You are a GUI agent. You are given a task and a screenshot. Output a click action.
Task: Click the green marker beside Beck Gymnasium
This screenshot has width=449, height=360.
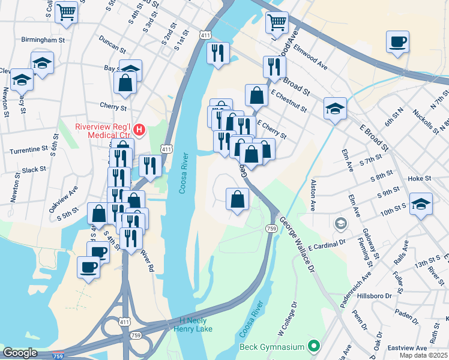coord(312,346)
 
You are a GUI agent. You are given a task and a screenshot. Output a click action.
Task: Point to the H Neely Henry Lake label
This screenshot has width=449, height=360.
coord(193,325)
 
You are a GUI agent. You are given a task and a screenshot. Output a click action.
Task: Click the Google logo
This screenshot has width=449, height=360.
coord(20,353)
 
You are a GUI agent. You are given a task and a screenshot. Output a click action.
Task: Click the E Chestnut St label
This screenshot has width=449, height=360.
coord(289,102)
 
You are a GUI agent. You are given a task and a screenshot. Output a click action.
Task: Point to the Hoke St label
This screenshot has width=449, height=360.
coord(420,178)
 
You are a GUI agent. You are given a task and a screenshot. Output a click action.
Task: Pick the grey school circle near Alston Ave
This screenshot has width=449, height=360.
coord(341,224)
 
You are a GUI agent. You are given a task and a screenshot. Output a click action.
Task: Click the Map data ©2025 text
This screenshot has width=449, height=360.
coord(423,355)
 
